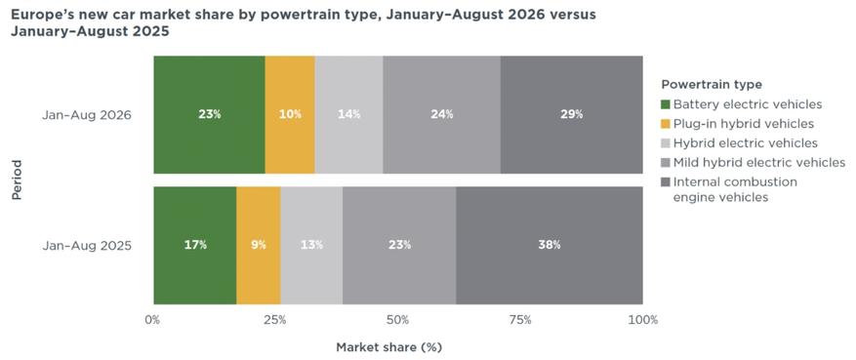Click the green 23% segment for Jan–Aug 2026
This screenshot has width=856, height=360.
209,114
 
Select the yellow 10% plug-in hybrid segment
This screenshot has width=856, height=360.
290,114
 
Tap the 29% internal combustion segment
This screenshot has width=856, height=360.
572,114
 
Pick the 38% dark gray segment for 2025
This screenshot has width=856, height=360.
550,246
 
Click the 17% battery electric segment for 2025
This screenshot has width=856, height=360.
195,246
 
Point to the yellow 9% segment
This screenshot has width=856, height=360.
259,246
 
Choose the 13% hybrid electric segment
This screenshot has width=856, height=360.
311,246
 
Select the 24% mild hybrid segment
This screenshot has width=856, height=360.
441,114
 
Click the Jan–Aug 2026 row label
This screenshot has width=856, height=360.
87,115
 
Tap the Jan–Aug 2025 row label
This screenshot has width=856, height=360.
87,246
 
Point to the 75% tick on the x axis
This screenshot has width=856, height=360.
519,320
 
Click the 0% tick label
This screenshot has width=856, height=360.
153,320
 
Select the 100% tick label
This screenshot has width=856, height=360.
643,320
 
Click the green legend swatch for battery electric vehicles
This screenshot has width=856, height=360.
665,104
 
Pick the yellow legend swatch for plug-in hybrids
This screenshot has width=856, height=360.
665,124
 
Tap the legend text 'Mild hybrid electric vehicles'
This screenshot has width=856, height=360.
759,163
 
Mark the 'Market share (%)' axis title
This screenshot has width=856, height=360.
388,347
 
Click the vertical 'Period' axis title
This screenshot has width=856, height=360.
17,180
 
